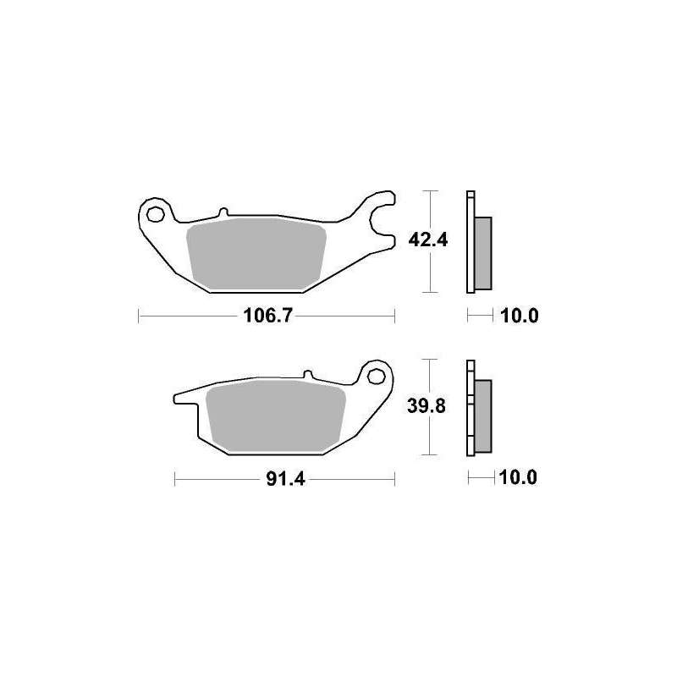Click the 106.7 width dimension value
(x=267, y=316)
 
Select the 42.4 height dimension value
(x=428, y=239)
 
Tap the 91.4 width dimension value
(x=286, y=479)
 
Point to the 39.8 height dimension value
(x=427, y=406)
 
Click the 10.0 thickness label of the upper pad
(x=520, y=316)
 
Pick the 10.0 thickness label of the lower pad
(x=518, y=477)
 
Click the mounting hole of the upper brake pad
(x=155, y=214)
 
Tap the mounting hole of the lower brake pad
(x=376, y=377)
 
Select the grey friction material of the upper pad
(x=256, y=253)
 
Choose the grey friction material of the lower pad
(x=277, y=416)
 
